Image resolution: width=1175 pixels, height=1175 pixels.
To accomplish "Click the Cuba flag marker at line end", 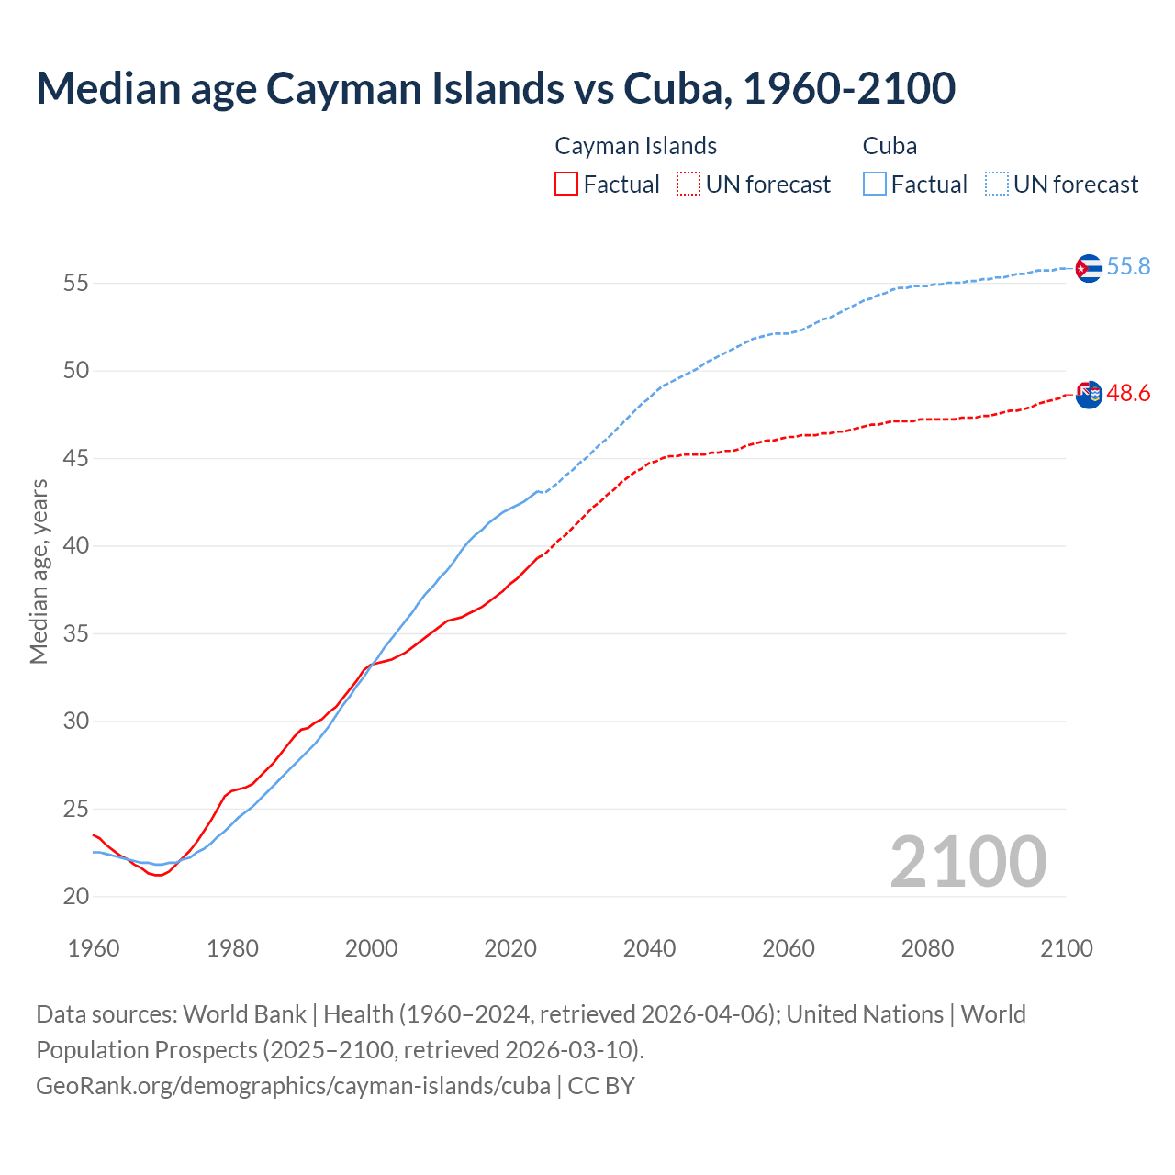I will coord(1089,268).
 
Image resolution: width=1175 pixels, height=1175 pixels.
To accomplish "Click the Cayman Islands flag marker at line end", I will coord(1089,395).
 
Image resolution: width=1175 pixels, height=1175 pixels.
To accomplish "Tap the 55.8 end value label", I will coord(1128,267).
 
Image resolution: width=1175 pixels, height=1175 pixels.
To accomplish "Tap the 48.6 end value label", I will coord(1128,394).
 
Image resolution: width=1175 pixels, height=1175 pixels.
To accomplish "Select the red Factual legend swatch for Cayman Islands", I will coord(566,185).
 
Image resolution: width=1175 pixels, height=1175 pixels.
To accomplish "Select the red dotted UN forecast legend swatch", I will coord(688,185).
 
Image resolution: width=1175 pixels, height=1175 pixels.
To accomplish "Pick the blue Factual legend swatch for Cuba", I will coord(875,185).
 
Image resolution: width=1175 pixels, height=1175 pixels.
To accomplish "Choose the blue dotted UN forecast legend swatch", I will coord(997,185).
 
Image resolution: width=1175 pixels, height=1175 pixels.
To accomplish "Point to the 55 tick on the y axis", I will coord(75,284).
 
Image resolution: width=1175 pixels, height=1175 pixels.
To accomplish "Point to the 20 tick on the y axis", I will coord(75,897).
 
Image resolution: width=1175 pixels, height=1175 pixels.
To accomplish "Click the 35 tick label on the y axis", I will coord(75,634).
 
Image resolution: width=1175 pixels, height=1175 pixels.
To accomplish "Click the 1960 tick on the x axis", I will coord(94,948).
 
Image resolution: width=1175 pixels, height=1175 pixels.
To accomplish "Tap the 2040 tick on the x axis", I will coord(649,948).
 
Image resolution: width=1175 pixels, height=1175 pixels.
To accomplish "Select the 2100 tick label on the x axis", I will coord(1066,948).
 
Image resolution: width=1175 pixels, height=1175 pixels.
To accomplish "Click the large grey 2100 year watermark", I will coord(968,862).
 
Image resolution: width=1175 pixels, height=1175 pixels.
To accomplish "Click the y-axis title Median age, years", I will coord(39,571).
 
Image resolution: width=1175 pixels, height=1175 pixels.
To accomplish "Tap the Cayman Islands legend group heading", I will coord(635,146).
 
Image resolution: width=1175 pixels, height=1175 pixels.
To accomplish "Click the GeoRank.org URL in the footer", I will coord(293,1086).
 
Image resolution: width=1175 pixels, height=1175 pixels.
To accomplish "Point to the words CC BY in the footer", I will coord(601,1086).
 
